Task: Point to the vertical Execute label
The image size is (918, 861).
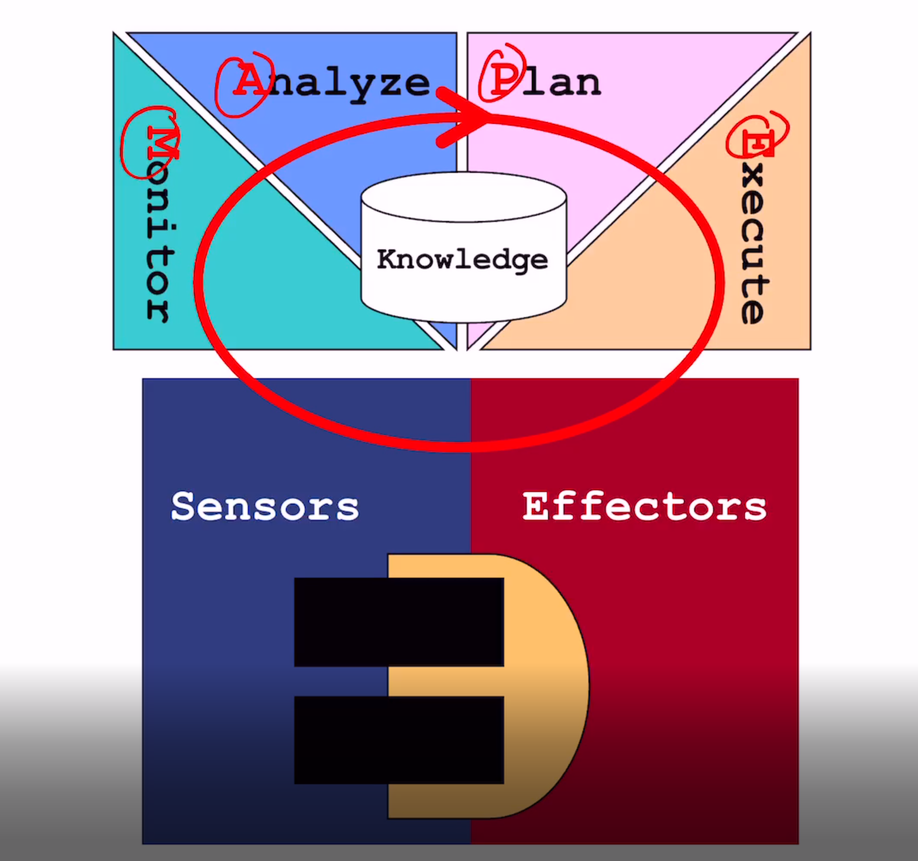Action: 752,229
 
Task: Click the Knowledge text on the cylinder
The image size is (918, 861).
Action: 462,259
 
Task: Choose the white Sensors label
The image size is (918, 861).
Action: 265,507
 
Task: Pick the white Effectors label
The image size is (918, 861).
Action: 644,507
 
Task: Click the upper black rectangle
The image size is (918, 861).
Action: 399,622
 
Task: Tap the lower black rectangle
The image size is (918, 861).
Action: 399,739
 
